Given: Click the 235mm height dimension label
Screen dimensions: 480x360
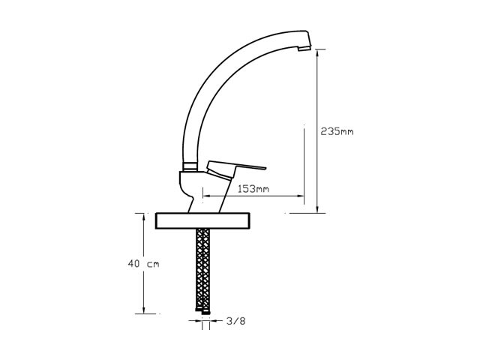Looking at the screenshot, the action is click(337, 132).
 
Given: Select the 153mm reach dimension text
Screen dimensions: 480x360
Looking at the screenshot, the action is click(253, 189).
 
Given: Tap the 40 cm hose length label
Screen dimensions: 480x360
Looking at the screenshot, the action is click(143, 263).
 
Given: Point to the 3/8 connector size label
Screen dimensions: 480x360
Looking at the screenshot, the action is click(235, 321).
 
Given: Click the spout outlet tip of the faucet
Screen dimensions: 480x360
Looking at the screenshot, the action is click(305, 48).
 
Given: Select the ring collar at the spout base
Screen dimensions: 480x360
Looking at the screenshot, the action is click(190, 166).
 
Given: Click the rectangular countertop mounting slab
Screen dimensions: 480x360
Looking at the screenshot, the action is click(202, 220).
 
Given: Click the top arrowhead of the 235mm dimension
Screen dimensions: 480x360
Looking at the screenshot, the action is click(317, 52).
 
